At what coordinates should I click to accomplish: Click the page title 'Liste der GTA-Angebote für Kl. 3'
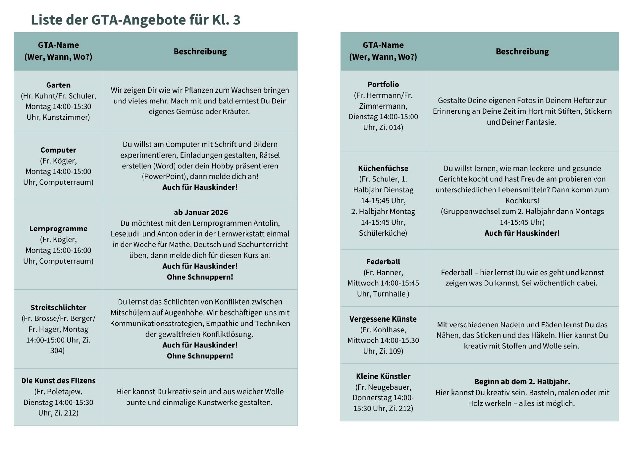pyautogui.click(x=135, y=20)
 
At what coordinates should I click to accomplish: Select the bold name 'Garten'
pyautogui.click(x=58, y=85)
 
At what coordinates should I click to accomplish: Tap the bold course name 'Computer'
pyautogui.click(x=58, y=150)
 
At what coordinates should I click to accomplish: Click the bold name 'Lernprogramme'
pyautogui.click(x=58, y=228)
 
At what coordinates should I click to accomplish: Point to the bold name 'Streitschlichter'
pyautogui.click(x=58, y=307)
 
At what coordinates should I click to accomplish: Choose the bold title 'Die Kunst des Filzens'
pyautogui.click(x=58, y=381)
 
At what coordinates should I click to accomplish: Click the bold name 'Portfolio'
pyautogui.click(x=383, y=84)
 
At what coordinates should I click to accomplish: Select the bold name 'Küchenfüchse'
pyautogui.click(x=383, y=168)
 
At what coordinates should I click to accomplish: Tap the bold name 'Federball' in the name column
pyautogui.click(x=383, y=262)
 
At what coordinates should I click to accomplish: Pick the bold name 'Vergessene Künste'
pyautogui.click(x=383, y=319)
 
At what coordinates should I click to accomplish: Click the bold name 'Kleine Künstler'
pyautogui.click(x=383, y=376)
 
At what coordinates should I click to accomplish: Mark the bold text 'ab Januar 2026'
pyautogui.click(x=201, y=212)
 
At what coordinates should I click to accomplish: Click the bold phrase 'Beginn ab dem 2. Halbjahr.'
pyautogui.click(x=522, y=382)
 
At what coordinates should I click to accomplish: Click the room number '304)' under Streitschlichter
pyautogui.click(x=57, y=351)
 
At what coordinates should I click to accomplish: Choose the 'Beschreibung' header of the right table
pyautogui.click(x=522, y=51)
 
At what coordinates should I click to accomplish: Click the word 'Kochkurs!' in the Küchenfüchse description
pyautogui.click(x=522, y=201)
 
